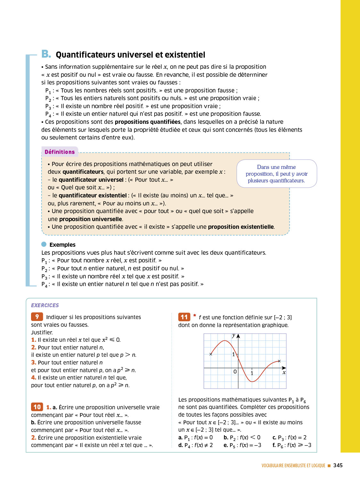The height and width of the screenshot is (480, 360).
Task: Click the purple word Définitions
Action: [x=60, y=152]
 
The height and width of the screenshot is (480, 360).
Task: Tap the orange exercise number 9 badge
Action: [x=37, y=317]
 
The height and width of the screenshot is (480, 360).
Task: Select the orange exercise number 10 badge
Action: [x=37, y=407]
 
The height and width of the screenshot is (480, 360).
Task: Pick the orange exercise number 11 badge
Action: [x=184, y=317]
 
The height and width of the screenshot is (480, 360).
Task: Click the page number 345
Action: [x=338, y=465]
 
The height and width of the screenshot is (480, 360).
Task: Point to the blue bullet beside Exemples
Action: [x=44, y=244]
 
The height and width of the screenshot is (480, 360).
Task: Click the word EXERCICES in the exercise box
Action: [x=45, y=305]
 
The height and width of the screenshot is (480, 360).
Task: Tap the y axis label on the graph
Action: [x=234, y=335]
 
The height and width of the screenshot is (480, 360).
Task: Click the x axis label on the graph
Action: [x=284, y=372]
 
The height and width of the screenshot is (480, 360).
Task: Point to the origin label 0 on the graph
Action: [x=235, y=372]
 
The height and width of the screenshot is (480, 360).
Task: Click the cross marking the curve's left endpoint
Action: [x=211, y=354]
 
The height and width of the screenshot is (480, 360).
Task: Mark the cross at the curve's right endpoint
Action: [x=279, y=361]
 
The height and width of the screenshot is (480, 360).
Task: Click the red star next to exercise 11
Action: [x=195, y=316]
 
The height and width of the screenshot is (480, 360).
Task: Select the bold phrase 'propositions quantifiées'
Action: [x=148, y=122]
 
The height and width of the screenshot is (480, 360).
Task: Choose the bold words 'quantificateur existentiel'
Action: [x=93, y=196]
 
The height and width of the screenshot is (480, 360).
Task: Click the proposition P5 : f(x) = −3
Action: [x=242, y=445]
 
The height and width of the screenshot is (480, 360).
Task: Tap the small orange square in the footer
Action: [x=329, y=466]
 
